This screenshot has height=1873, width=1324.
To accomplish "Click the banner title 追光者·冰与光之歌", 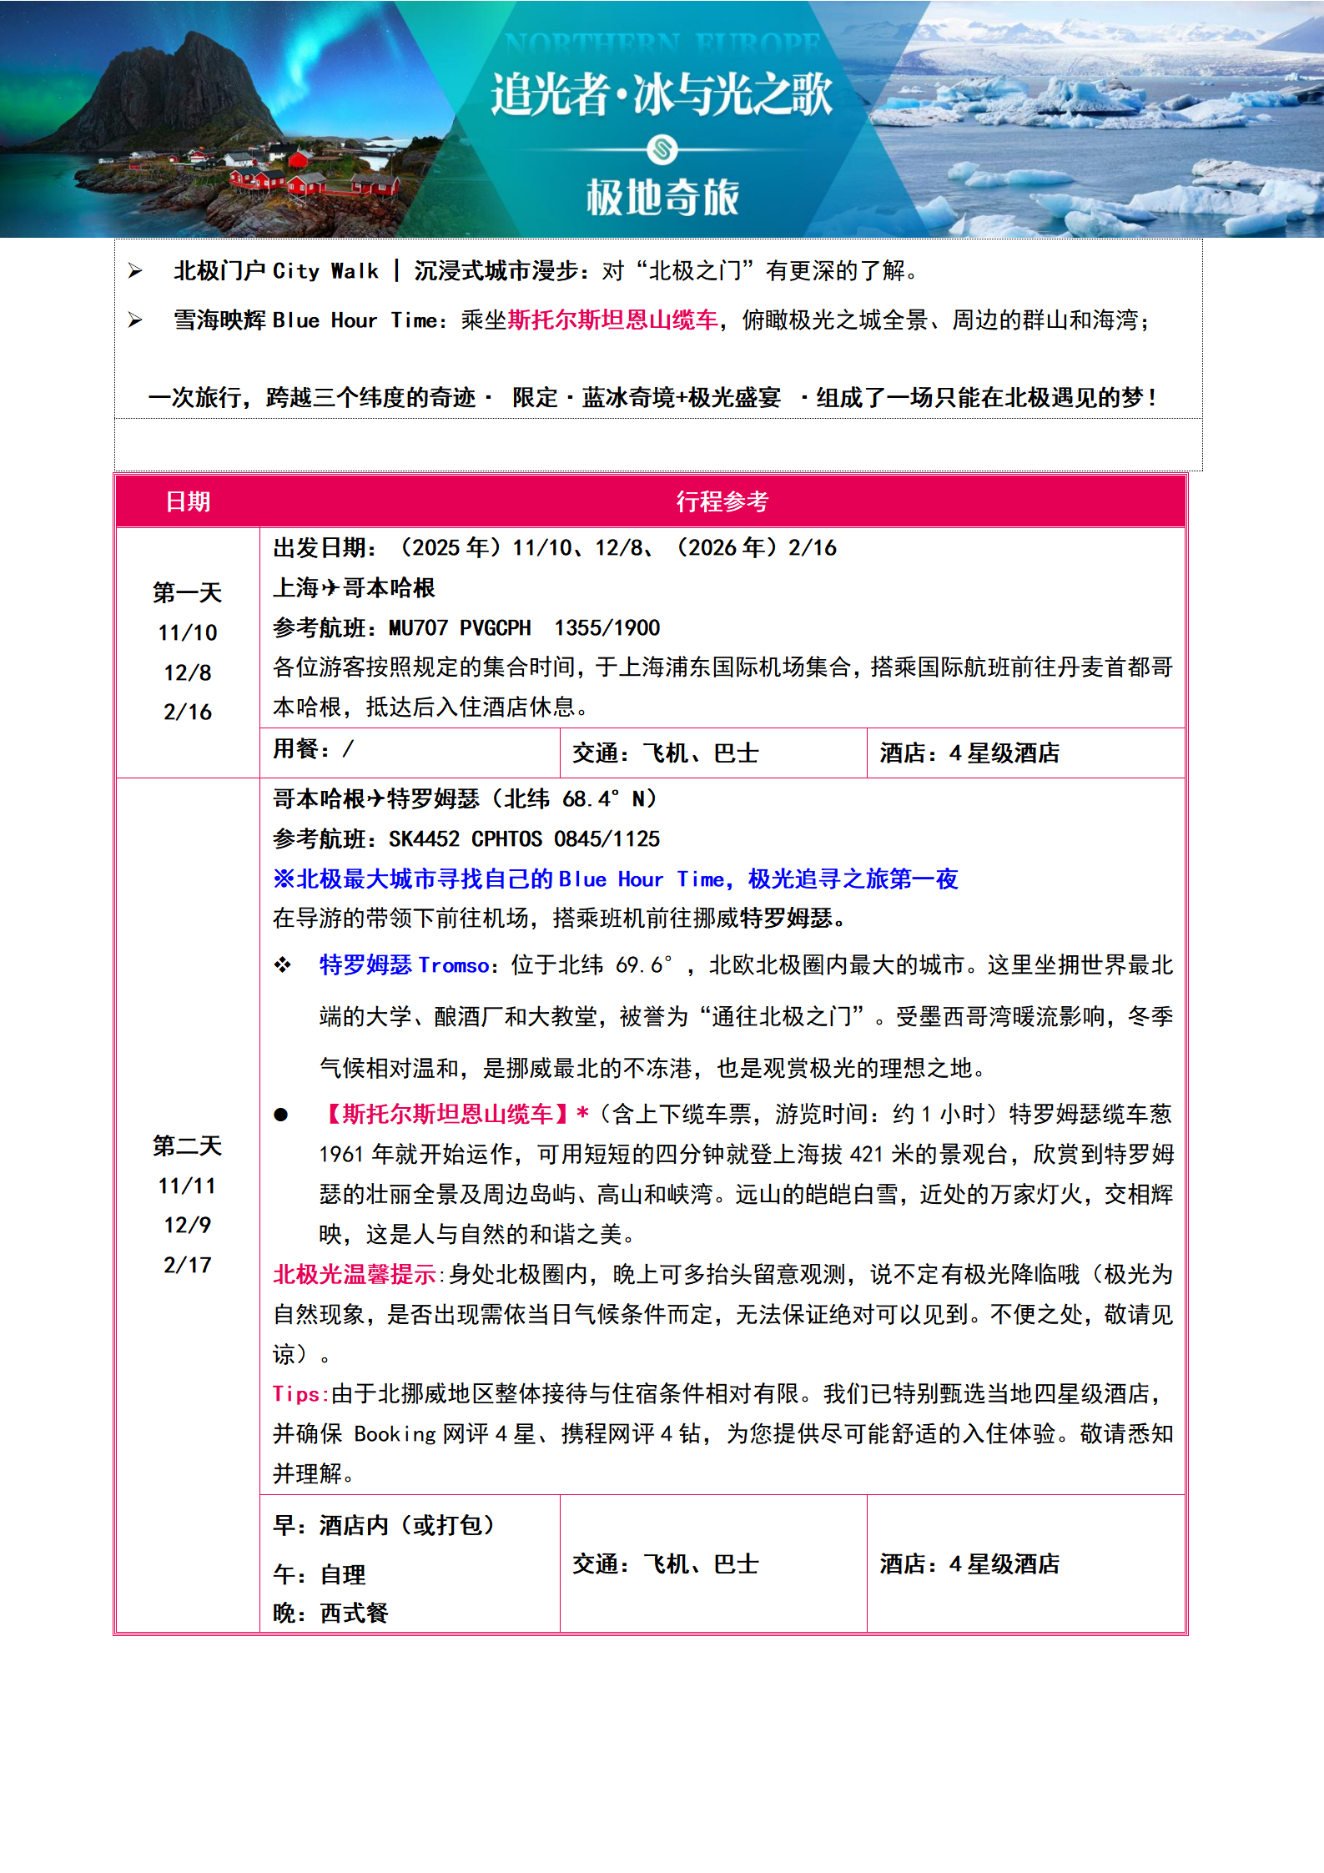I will click(x=662, y=93).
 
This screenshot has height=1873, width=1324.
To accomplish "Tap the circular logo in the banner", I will click(x=662, y=150).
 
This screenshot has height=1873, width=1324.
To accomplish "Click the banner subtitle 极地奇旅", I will click(x=662, y=198).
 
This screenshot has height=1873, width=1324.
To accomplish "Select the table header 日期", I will click(x=188, y=501).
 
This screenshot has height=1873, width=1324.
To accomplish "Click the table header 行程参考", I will click(x=722, y=501).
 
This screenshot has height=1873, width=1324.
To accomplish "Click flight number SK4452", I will click(x=424, y=838).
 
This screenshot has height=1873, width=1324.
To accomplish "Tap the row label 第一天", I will click(x=188, y=592).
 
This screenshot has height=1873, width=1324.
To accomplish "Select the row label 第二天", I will click(x=188, y=1145).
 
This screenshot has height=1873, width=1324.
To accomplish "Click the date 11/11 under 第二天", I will click(x=188, y=1186).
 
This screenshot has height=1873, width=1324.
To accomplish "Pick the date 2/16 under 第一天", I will click(x=188, y=712).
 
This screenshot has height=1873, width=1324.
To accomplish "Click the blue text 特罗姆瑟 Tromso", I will click(x=405, y=965).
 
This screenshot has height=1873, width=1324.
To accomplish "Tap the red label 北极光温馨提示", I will click(x=355, y=1275).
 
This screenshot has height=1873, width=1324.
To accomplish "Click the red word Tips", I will click(x=296, y=1394).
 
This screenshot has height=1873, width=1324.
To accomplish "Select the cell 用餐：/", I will click(x=314, y=749).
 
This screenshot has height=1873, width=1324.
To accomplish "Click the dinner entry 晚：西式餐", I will click(x=331, y=1613).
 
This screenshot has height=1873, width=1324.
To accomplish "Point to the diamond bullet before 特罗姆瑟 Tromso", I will click(x=283, y=965).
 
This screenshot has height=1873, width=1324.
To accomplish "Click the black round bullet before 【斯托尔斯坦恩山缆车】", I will click(x=281, y=1115).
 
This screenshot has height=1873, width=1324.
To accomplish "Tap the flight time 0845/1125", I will click(x=607, y=838).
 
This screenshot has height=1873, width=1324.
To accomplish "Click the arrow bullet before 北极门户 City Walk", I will click(x=135, y=271).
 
